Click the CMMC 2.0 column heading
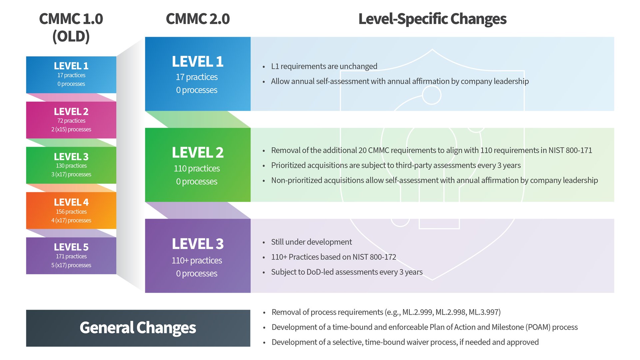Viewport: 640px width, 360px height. tap(198, 19)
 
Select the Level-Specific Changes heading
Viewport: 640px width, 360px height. tap(432, 19)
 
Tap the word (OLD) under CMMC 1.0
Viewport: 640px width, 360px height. tap(71, 36)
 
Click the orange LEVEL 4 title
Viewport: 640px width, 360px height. tap(71, 202)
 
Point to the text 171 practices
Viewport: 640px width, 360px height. tap(71, 256)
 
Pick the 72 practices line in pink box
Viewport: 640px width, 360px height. tap(71, 121)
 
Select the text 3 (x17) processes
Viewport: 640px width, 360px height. tap(71, 174)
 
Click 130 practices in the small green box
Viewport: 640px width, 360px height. tap(71, 166)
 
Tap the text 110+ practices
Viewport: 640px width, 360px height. tap(197, 260)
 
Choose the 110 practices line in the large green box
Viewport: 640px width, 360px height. tap(197, 168)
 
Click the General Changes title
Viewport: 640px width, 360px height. tap(138, 328)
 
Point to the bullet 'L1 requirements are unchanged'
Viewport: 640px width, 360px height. tap(324, 66)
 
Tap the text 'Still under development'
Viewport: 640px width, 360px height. tap(311, 242)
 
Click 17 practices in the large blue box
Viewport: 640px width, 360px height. tap(197, 77)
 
